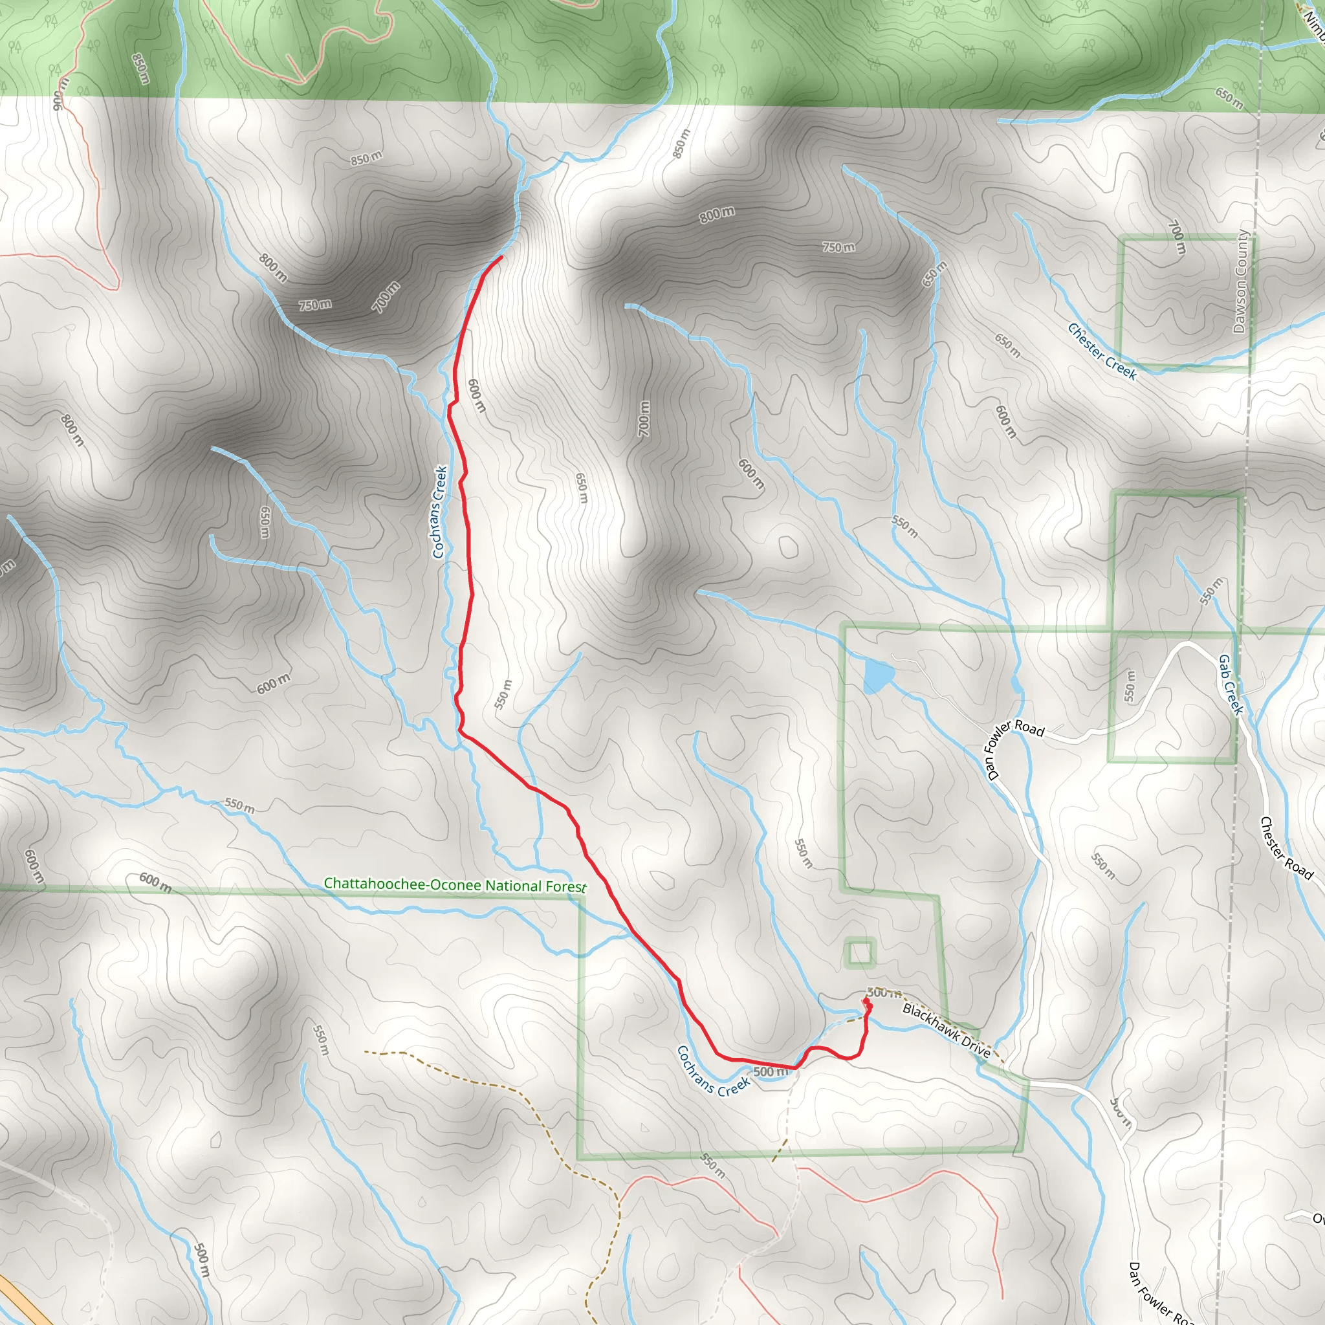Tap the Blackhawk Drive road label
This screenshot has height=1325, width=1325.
coord(947,1031)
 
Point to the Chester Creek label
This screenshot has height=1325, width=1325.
coord(1102,352)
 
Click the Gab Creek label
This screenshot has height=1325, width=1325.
coord(1231,684)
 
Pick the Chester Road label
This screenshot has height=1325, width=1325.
coord(1286,848)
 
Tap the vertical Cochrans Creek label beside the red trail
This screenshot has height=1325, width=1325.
coord(439,512)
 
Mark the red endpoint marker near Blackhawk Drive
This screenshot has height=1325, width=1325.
coord(866,1002)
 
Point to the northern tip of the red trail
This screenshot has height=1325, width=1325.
coord(502,257)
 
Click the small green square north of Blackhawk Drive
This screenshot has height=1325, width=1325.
coord(860,952)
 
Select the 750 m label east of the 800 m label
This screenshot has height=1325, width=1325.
coord(838,247)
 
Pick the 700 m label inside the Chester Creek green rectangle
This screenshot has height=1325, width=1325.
coord(1176,237)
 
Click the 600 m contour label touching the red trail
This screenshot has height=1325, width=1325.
coord(476,396)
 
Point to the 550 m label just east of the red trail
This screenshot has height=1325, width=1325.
coord(503,694)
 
